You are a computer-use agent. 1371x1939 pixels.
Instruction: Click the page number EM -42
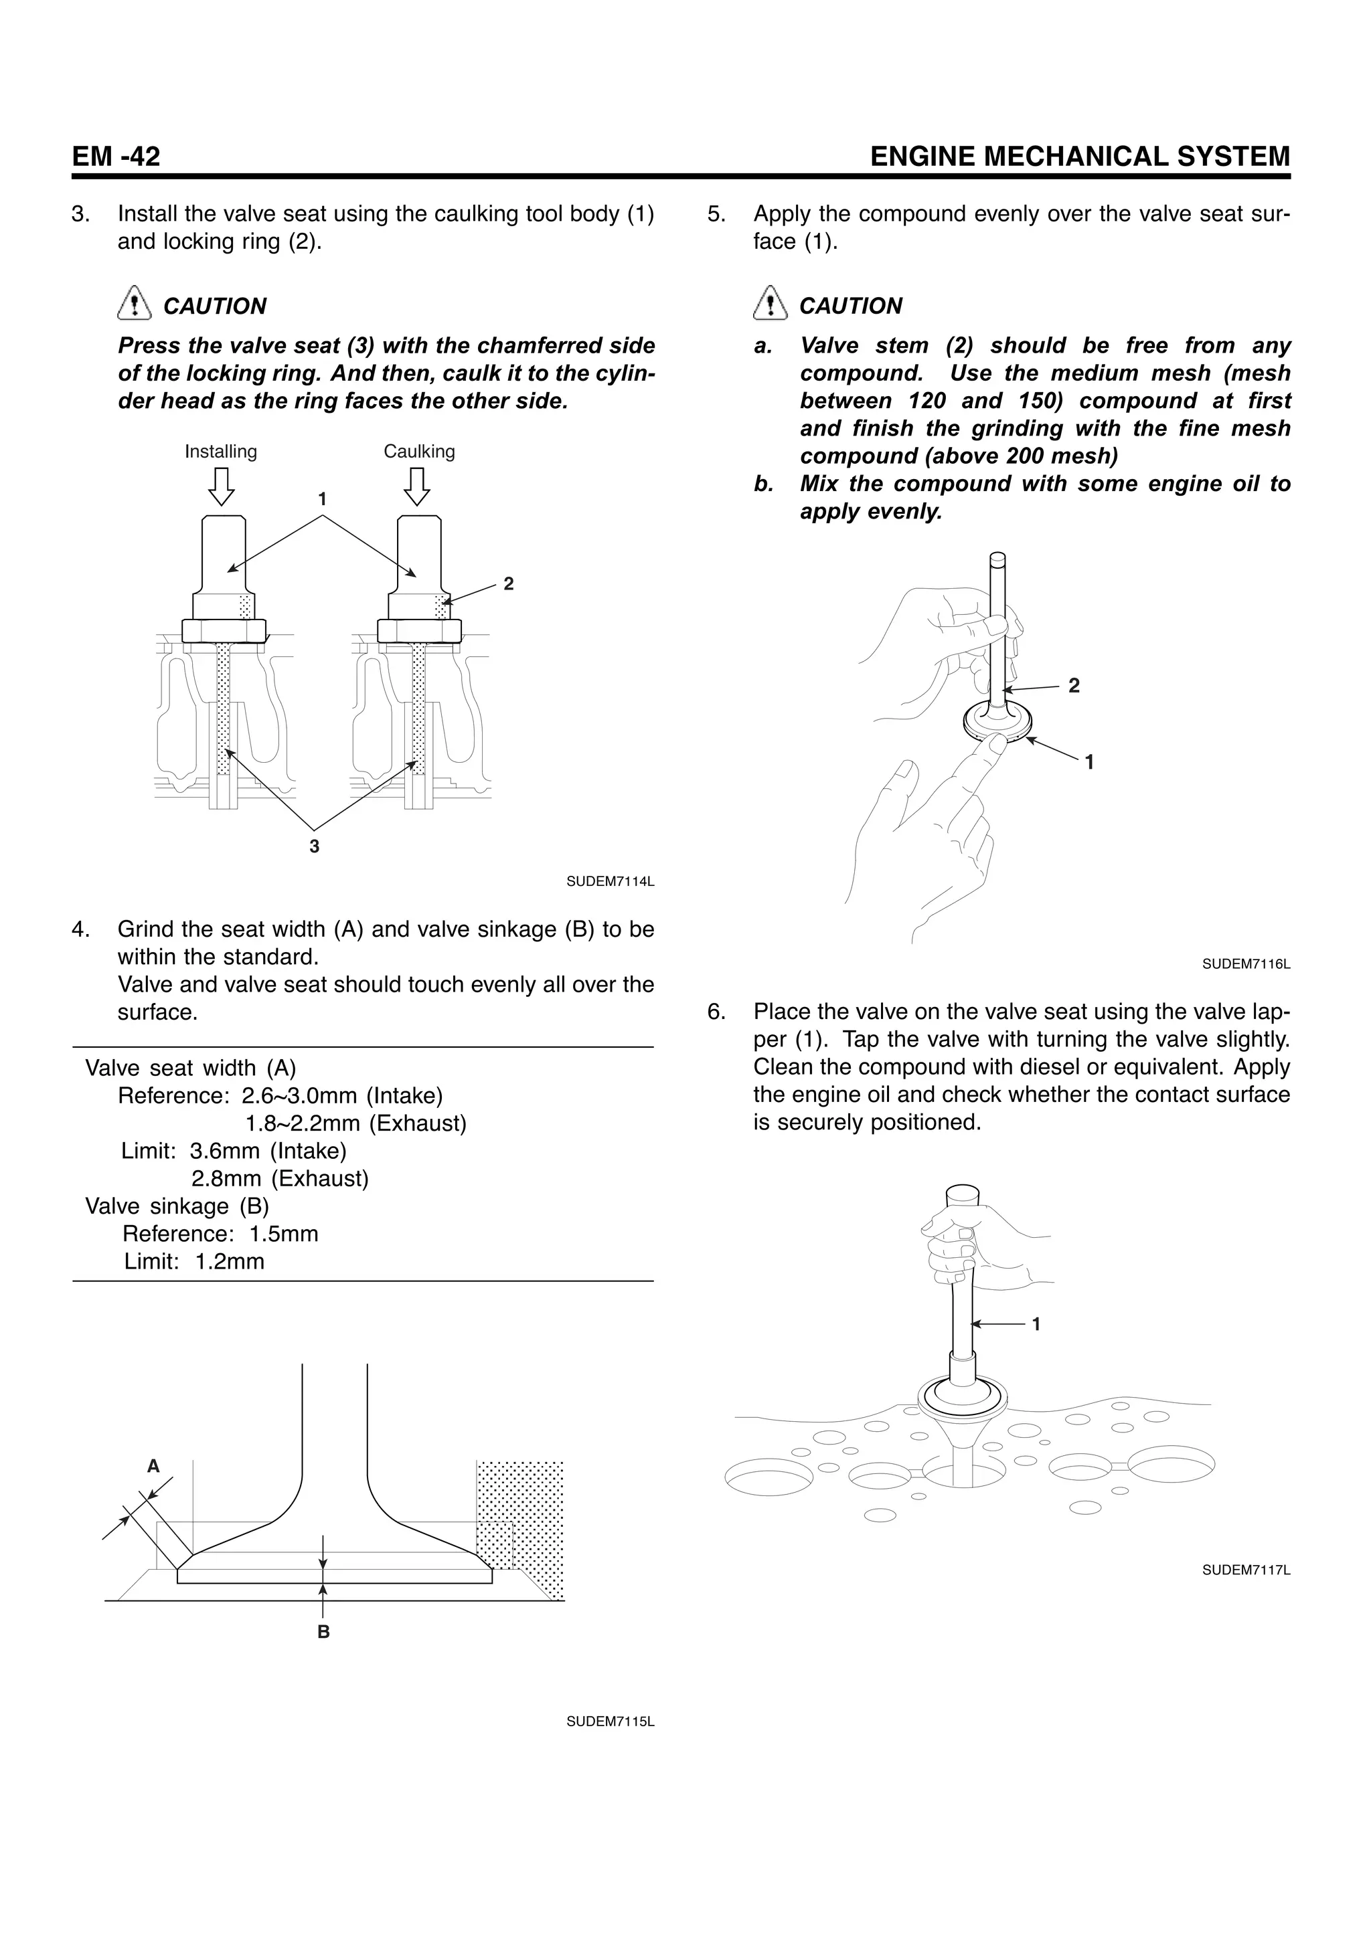pyautogui.click(x=116, y=157)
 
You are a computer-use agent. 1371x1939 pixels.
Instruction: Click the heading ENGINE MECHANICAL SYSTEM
pyautogui.click(x=1080, y=157)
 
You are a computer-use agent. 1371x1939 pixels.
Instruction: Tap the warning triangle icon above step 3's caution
pyautogui.click(x=132, y=304)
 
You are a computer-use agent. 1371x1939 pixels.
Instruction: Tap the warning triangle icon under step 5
pyautogui.click(x=768, y=304)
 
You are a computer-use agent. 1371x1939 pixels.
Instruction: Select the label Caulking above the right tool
pyautogui.click(x=419, y=452)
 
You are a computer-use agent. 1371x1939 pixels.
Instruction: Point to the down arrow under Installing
pyautogui.click(x=222, y=486)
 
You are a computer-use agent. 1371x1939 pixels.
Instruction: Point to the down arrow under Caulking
pyautogui.click(x=416, y=486)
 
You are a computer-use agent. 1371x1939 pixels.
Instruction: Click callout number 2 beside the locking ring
pyautogui.click(x=509, y=583)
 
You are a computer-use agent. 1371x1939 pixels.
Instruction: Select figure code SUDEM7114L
pyautogui.click(x=610, y=882)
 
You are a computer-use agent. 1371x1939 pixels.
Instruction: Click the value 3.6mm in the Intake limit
pyautogui.click(x=226, y=1151)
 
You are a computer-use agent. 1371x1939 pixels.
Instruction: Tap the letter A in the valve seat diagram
pyautogui.click(x=153, y=1467)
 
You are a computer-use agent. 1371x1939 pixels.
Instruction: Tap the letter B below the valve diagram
pyautogui.click(x=323, y=1633)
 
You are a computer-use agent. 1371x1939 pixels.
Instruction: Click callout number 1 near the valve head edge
pyautogui.click(x=1090, y=763)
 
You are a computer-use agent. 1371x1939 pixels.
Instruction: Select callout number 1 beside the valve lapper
pyautogui.click(x=1036, y=1324)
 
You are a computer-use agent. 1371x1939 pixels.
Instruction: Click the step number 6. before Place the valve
pyautogui.click(x=716, y=1012)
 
